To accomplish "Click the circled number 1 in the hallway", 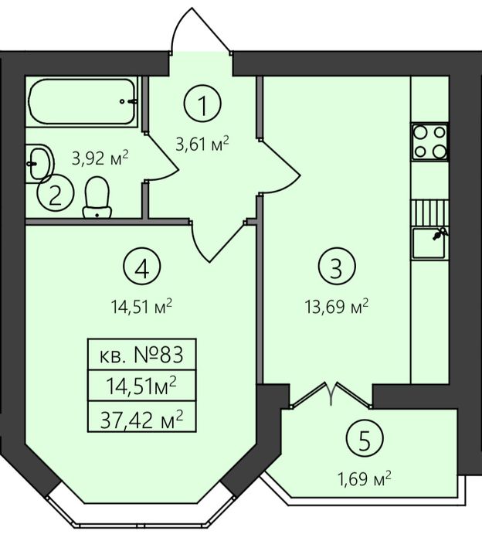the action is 202,103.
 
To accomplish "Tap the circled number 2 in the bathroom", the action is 56,193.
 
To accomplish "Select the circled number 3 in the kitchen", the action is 337,266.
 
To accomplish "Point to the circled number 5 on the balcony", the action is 365,438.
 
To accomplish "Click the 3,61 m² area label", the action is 202,144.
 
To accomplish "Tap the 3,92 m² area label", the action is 100,158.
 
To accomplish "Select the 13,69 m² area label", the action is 337,305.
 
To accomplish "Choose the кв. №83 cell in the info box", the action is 141,354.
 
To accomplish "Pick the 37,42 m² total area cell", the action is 141,417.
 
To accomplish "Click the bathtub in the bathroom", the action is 82,101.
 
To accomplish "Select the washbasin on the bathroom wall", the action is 39,163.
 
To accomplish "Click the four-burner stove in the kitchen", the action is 430,141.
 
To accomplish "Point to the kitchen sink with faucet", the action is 429,243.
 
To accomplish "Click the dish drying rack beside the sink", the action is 429,213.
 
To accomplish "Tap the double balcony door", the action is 331,394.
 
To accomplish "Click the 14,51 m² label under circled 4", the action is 141,306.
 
